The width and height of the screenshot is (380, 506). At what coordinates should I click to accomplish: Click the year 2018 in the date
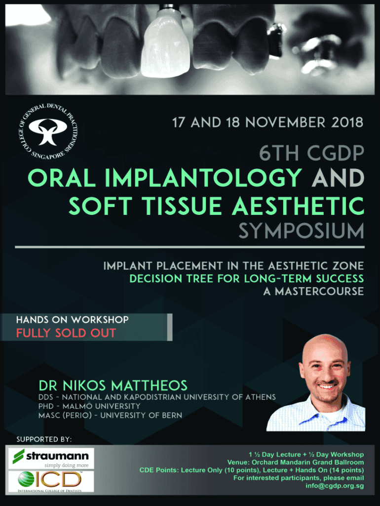pos(347,123)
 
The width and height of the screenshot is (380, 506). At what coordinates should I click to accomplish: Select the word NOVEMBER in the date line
pos(285,123)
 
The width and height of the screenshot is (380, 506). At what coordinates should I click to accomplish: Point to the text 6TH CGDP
pos(312,153)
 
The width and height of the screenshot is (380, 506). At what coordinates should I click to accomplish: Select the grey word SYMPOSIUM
pos(302,231)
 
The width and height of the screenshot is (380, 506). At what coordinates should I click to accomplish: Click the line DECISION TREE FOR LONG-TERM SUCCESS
pos(247,279)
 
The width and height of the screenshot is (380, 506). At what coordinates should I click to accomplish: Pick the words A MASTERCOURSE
pos(313,292)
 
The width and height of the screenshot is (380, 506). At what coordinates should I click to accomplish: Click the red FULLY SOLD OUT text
pos(66,333)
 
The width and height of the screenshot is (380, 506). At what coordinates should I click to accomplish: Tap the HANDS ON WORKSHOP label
pos(73,320)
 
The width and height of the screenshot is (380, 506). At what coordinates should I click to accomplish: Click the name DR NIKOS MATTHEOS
pos(113,385)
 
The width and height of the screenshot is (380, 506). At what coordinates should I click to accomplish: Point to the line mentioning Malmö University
pos(89,406)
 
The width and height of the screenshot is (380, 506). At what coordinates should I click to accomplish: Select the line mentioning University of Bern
pos(110,415)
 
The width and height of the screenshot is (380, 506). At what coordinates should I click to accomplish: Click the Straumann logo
pos(51,458)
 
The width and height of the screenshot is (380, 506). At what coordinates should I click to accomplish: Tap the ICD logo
pos(51,481)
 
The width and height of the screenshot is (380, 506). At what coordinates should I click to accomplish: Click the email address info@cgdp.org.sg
pos(335,486)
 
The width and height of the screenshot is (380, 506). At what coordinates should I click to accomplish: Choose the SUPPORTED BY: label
pos(44,439)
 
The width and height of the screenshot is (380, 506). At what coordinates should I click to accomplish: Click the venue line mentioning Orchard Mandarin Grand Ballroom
pos(295,462)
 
